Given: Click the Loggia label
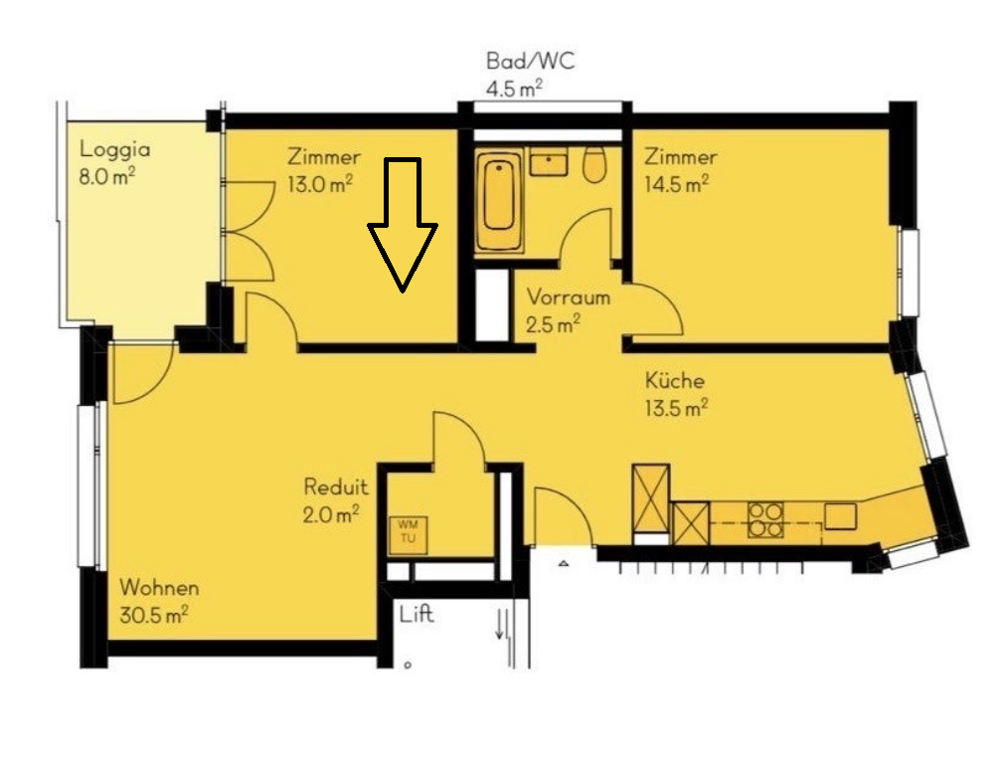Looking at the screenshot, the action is point(115,150).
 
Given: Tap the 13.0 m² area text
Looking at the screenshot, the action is point(320,184).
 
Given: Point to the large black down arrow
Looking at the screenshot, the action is point(403,224).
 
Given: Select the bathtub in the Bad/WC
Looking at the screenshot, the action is point(499,199).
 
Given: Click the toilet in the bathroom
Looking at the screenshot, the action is point(594,165).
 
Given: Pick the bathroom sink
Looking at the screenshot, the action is point(548,162).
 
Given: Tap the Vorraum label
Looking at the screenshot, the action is point(569,297).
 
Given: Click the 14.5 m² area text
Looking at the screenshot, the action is point(676,184).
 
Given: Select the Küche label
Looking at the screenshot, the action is point(675,380).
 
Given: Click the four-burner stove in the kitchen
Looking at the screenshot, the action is point(765,519).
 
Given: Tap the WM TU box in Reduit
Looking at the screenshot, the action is point(408,532).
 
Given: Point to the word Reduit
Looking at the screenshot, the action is point(336,486).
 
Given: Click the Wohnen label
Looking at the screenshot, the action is point(159,588).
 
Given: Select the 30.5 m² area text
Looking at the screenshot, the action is point(153,615).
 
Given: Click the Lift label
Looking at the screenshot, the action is point(417,615).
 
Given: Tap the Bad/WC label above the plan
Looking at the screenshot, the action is point(531,61).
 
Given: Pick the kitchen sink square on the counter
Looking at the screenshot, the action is point(841,516).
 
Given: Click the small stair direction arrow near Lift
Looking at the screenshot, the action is point(500,625).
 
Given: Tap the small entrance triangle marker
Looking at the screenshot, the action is point(564,563).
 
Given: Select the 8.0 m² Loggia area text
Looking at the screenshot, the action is point(107,177).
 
